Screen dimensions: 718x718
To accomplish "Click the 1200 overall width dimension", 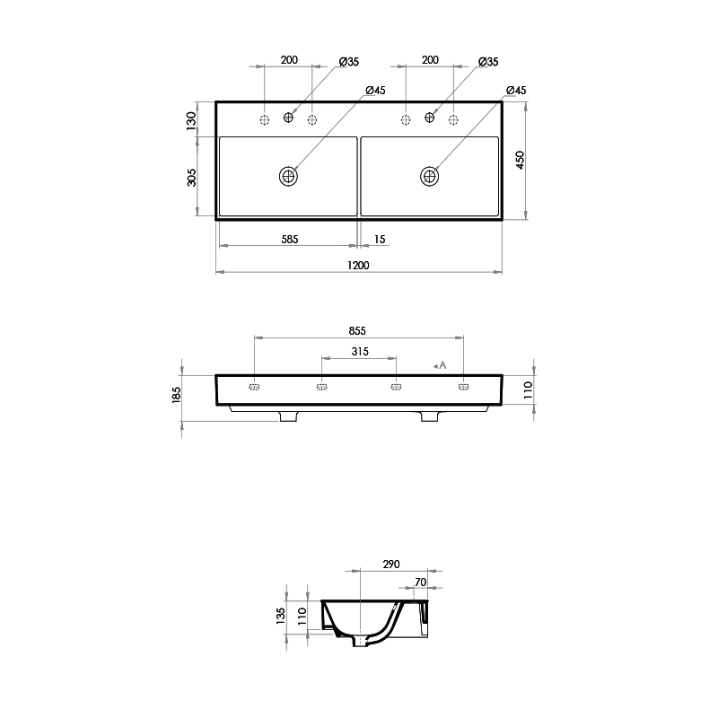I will coord(359,266).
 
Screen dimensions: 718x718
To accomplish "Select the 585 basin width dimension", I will coord(289,240).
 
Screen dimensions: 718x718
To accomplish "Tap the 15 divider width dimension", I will coord(379,240).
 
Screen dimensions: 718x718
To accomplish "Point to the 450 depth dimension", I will coord(520,160).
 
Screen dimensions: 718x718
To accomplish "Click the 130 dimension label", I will coord(191,120).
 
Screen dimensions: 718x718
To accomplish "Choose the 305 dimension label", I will coord(191,178).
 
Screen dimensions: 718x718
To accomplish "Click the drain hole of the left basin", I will coord(288,176).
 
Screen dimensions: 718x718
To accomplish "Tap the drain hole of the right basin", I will coord(430,176).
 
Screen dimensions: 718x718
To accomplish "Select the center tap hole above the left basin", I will coord(289,117).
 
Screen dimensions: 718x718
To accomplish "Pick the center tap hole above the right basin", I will coord(430,117).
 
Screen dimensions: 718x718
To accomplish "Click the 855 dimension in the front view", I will coord(359,330).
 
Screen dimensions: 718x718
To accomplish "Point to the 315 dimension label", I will coord(359,352).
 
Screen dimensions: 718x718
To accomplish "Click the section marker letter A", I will coord(442,364).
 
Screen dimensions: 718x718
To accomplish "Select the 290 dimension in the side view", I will coord(391,565).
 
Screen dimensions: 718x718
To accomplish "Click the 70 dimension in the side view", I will coord(420,582).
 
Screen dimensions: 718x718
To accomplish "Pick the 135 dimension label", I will coord(281,615).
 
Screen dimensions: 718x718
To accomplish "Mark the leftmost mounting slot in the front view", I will coord(255,387).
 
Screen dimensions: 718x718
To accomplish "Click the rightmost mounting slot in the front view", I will coord(464,387).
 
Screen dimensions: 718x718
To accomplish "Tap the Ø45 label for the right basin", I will coord(515,91).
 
